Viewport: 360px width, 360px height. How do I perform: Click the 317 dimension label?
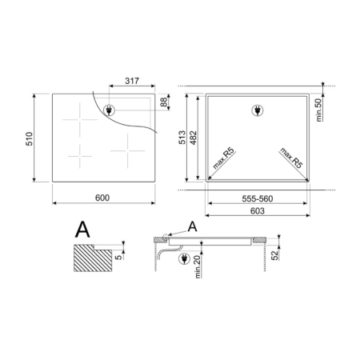point(132,81)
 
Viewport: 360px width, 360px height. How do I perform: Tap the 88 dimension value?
point(164,102)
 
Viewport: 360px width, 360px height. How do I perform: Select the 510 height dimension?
point(29,138)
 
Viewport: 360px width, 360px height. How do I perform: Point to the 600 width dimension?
point(102,198)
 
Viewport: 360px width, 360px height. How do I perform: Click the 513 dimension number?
point(182,138)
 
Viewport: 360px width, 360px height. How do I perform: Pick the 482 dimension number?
point(193,138)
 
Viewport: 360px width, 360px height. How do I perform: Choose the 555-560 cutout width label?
point(258,198)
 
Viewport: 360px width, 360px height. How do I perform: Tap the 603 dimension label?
point(258,211)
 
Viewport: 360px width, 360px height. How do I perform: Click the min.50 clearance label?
point(318,110)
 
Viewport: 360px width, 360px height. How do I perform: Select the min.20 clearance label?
point(198,266)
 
